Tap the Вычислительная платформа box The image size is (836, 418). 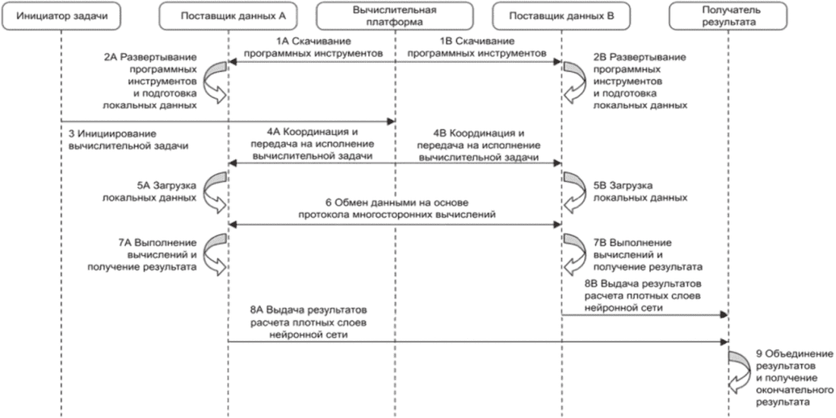click(x=395, y=17)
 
